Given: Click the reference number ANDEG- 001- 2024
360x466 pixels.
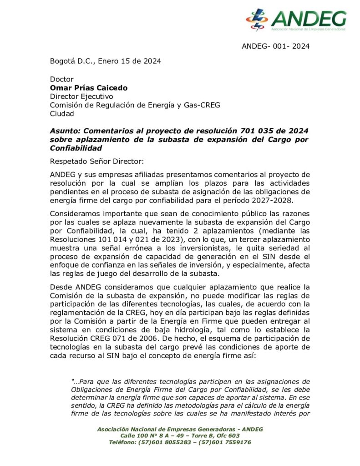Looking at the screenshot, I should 276,46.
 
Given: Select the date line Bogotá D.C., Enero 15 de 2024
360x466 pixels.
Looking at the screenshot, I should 105,61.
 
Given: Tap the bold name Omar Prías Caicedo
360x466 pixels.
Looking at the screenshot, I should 89,88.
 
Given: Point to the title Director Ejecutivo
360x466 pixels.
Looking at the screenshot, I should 81,96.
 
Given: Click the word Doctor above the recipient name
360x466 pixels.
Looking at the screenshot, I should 61,79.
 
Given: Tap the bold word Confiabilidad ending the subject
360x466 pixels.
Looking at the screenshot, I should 76,148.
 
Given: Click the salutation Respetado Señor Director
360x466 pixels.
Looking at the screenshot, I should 104,161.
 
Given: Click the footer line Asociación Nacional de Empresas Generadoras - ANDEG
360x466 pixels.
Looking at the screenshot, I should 180,429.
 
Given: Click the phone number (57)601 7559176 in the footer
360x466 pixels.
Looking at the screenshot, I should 226,442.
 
